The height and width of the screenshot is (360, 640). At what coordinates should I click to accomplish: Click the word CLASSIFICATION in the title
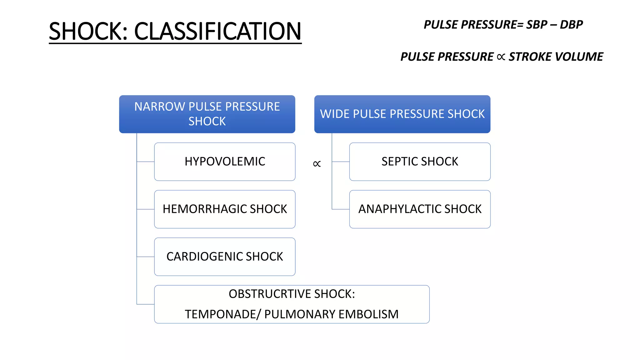click(x=217, y=31)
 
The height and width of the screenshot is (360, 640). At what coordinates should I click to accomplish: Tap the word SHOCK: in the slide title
click(x=88, y=31)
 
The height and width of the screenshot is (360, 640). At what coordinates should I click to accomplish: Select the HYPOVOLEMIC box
click(x=225, y=162)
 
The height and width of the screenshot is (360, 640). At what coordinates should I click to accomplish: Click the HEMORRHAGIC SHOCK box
click(x=225, y=209)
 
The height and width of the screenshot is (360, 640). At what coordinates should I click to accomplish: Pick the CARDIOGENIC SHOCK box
click(x=225, y=257)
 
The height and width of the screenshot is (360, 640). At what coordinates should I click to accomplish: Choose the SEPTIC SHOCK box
click(x=420, y=162)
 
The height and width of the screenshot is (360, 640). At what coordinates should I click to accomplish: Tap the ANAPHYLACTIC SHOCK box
click(x=420, y=209)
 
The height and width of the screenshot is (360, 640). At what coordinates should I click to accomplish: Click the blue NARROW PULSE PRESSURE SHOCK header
click(x=207, y=114)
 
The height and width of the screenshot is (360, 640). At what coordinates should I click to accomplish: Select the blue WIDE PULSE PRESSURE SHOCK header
click(x=402, y=114)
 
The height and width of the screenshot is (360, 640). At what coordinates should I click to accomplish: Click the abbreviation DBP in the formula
click(x=571, y=25)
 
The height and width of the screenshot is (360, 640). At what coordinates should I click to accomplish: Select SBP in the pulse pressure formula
click(x=537, y=25)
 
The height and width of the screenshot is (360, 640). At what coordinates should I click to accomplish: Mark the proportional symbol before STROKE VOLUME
click(x=501, y=57)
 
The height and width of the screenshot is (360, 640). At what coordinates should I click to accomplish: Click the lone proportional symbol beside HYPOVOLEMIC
click(x=317, y=164)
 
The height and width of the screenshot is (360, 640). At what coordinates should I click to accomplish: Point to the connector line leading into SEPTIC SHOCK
click(x=341, y=162)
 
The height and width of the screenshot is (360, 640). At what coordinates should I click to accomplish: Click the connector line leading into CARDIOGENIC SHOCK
click(x=146, y=257)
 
